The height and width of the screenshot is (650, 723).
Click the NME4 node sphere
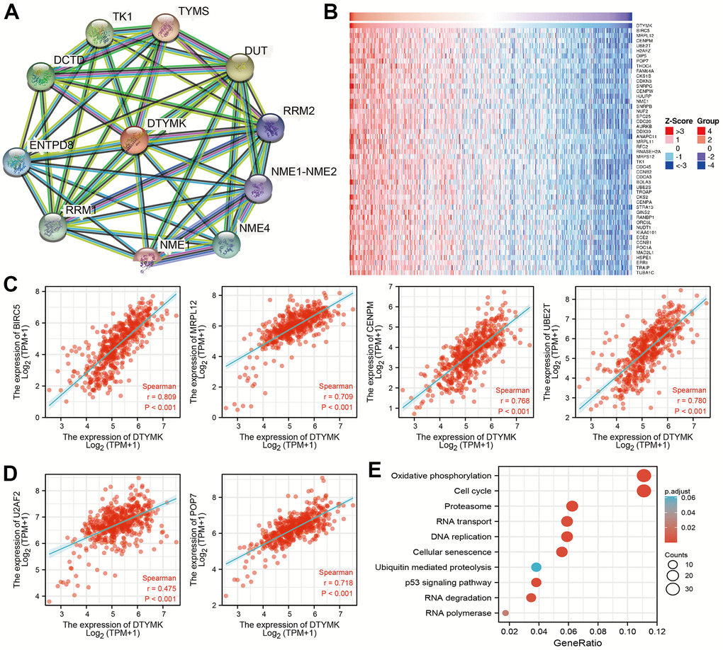[x=231, y=245]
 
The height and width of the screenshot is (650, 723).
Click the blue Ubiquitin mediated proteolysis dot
[x=536, y=567]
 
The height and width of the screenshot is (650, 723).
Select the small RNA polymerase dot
[x=505, y=613]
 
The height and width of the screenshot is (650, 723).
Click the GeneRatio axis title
[x=578, y=642]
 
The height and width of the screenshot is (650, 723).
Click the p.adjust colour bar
[x=670, y=521]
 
